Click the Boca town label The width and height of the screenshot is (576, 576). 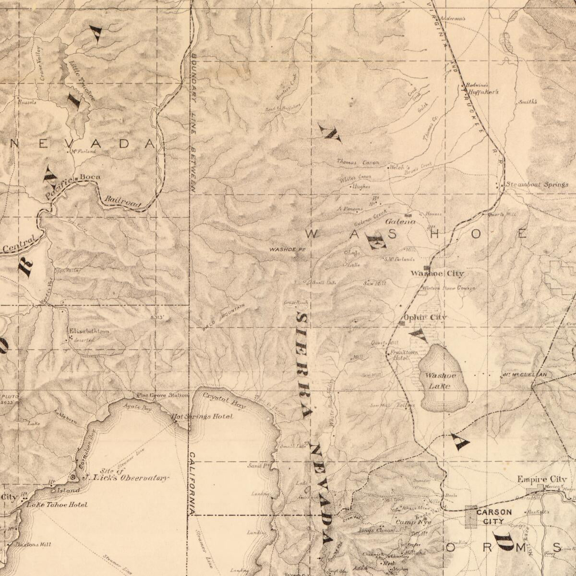(90, 177)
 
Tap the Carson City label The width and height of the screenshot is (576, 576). (493, 516)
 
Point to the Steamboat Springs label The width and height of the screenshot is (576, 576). (537, 184)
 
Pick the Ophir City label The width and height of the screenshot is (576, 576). (425, 317)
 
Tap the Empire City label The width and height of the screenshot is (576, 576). (541, 479)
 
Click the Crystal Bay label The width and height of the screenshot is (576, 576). (224, 400)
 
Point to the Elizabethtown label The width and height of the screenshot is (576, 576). (89, 331)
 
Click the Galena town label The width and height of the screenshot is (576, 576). (400, 222)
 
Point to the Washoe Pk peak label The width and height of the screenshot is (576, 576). (287, 250)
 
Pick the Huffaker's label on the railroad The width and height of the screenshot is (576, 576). (483, 92)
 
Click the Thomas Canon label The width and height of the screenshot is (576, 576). (358, 162)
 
